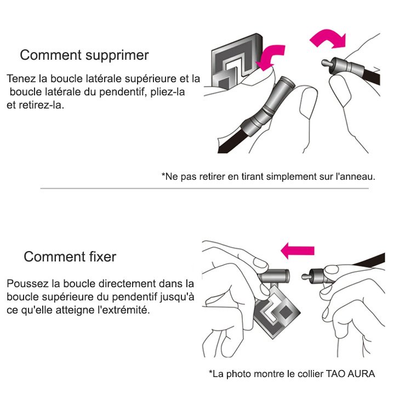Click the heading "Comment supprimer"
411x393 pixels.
click(x=84, y=55)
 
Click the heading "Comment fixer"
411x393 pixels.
click(x=70, y=257)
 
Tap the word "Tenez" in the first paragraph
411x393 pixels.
click(x=21, y=78)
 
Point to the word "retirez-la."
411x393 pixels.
click(x=42, y=105)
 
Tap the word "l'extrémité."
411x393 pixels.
click(x=123, y=310)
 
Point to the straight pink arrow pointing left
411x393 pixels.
click(x=297, y=250)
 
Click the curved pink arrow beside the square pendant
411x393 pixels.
click(x=271, y=58)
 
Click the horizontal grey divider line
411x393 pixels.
click(x=204, y=188)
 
